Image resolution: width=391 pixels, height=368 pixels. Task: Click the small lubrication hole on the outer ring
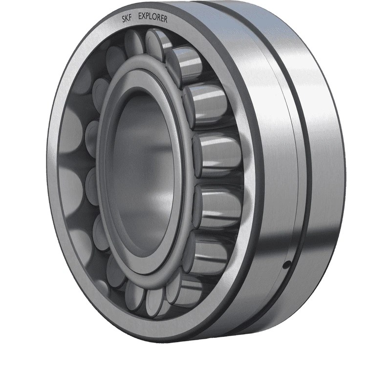tap(288, 265)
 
